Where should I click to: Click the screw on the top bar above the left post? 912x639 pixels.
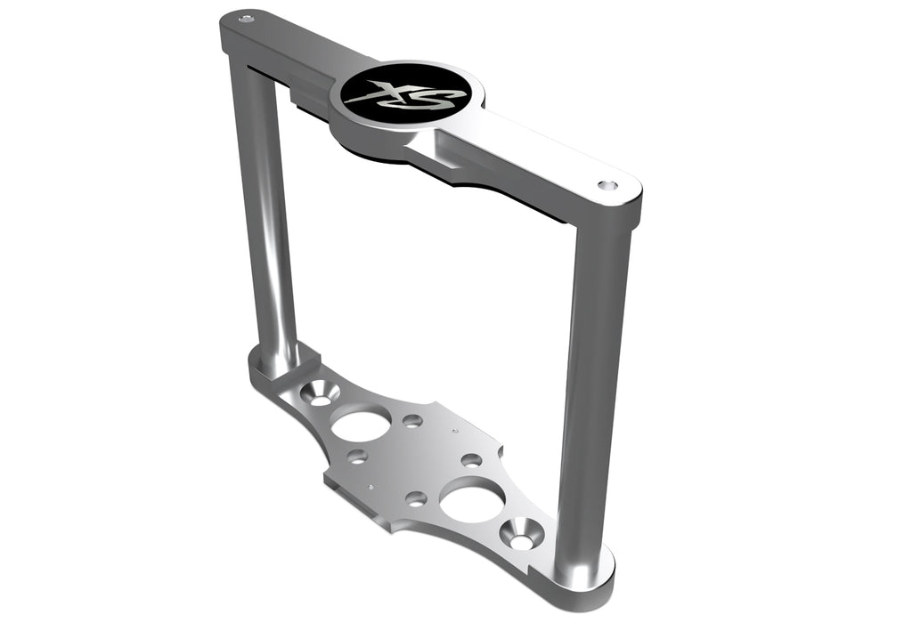coord(247,17)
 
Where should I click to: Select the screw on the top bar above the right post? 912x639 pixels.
coord(607,186)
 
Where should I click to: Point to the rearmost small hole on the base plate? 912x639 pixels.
coord(412,420)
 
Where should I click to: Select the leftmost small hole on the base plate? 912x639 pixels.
coord(357,457)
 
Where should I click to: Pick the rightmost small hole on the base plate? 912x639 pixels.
coord(471,460)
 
